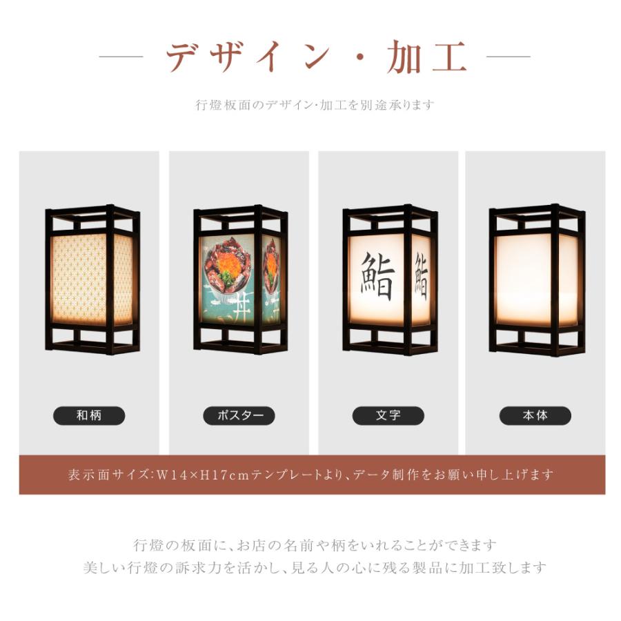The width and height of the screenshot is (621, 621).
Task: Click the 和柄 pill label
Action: [x=89, y=415]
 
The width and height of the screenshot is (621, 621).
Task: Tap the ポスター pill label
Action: [x=239, y=415]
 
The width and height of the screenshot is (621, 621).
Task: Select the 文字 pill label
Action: [x=388, y=415]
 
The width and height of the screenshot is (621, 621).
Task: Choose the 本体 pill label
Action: [x=535, y=415]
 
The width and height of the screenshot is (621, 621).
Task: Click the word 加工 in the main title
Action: [x=427, y=57]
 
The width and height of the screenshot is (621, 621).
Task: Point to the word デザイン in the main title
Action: [x=248, y=57]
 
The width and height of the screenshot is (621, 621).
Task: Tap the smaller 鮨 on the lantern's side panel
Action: [x=422, y=276]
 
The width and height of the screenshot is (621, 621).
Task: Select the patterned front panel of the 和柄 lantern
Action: [x=79, y=279]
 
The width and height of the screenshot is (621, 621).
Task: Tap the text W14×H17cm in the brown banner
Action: [x=203, y=475]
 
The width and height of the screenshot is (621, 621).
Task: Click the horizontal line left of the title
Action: [x=121, y=57]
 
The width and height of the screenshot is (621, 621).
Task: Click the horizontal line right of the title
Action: [x=508, y=57]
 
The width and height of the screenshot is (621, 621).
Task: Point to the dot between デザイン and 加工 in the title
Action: [x=360, y=57]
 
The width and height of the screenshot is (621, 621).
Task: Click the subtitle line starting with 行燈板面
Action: [x=315, y=105]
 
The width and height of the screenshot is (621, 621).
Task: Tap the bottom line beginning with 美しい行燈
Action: [x=315, y=568]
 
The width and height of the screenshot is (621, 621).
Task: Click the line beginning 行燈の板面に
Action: [x=315, y=545]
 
